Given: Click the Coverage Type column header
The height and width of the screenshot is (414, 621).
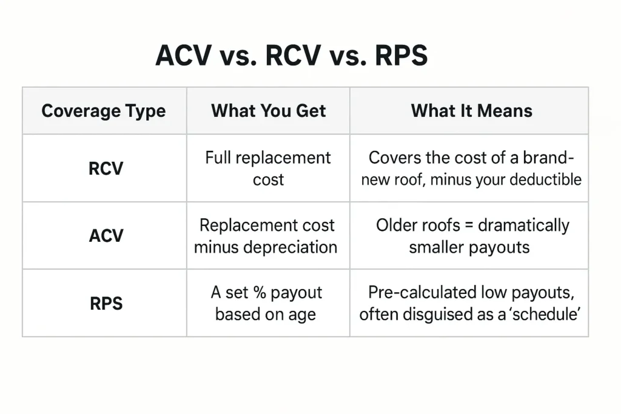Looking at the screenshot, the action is click(x=103, y=111).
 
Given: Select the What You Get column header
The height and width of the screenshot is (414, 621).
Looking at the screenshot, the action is click(x=268, y=111).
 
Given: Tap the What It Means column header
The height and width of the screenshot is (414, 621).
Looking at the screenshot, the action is click(x=471, y=111).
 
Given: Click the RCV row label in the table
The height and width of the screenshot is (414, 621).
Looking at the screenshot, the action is click(x=106, y=169).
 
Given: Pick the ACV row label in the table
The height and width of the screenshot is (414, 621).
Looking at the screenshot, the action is click(x=106, y=236).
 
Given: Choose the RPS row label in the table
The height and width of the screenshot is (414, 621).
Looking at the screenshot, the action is click(x=106, y=304).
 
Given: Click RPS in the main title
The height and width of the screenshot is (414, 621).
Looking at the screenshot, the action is click(x=401, y=55).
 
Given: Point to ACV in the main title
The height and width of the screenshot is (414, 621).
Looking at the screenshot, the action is click(x=183, y=55).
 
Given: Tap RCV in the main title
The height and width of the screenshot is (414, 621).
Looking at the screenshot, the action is click(x=293, y=55).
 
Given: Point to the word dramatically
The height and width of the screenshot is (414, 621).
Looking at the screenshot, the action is click(x=523, y=225).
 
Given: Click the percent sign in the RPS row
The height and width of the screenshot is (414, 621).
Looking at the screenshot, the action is click(x=260, y=293).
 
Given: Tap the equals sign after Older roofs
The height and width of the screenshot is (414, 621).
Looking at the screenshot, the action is click(x=469, y=225).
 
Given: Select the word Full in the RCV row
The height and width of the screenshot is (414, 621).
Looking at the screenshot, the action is click(x=218, y=158).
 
